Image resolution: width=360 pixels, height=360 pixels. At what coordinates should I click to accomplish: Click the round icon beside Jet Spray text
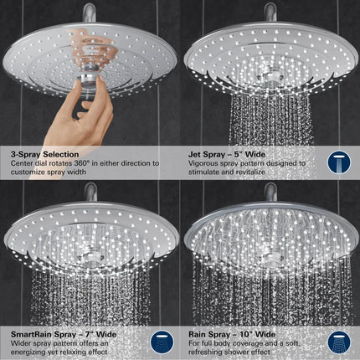click(x=337, y=162)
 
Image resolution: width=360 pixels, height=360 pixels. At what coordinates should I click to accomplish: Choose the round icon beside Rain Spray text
click(x=337, y=342)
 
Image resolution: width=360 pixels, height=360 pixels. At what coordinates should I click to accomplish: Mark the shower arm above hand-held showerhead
click(x=90, y=12)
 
